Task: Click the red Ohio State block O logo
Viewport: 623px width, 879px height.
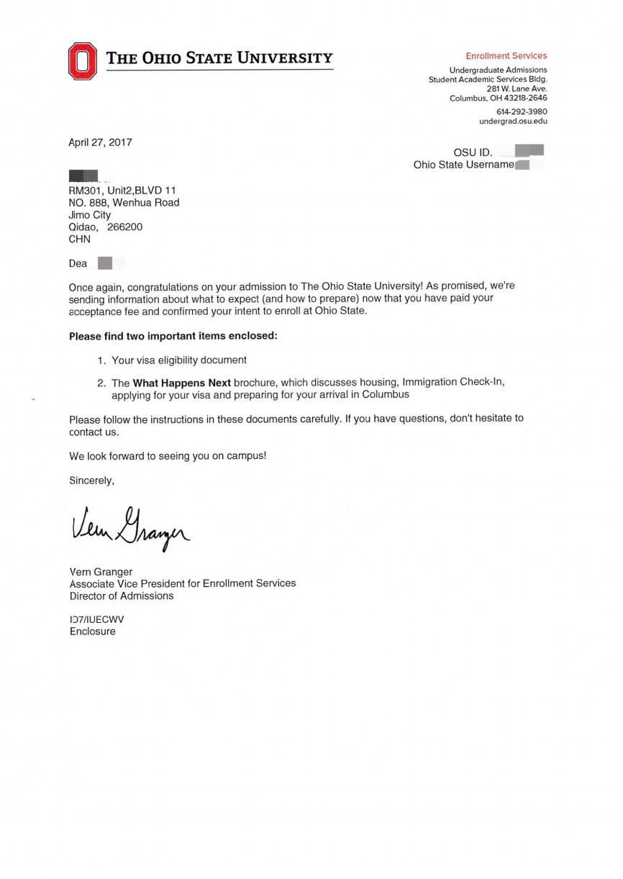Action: tap(82, 61)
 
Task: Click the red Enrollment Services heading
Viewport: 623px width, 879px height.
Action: tap(506, 55)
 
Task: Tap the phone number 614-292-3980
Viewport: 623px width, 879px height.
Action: tap(522, 111)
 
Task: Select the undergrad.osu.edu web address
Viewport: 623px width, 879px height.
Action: tap(513, 122)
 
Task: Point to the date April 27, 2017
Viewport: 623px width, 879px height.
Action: tap(100, 142)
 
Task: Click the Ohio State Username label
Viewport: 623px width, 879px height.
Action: tap(463, 165)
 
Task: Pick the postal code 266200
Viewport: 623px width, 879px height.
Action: tap(125, 227)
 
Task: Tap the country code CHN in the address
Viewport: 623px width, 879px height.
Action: tap(79, 239)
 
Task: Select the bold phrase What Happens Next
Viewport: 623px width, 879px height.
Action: tap(181, 382)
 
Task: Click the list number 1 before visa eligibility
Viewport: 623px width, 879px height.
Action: tap(101, 360)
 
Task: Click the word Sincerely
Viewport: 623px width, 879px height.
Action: tap(91, 481)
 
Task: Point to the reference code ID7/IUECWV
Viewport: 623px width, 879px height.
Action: tap(91, 619)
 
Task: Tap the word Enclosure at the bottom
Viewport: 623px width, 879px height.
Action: tap(92, 632)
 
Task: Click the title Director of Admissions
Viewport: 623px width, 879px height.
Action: tap(121, 596)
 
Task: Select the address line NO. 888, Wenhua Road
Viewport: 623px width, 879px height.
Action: tap(124, 202)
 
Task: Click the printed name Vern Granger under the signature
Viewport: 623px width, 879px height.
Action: tap(101, 572)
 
